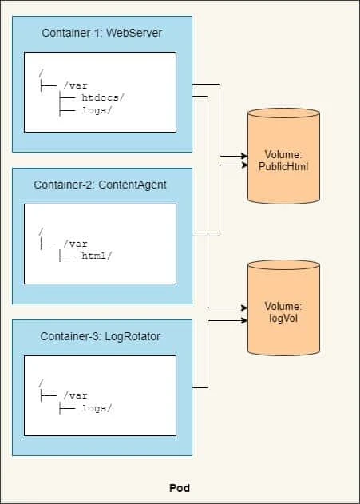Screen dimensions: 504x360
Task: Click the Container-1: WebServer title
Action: [102, 33]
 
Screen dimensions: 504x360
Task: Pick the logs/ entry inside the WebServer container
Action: [97, 111]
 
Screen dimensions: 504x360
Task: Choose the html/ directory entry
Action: [97, 256]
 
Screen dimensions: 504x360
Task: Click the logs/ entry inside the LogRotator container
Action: [97, 408]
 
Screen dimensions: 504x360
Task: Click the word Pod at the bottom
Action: [180, 487]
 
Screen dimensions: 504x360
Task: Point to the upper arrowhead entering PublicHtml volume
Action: [244, 156]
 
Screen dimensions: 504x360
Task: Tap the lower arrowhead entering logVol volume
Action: [244, 321]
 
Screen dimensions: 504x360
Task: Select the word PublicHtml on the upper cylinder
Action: [285, 167]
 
